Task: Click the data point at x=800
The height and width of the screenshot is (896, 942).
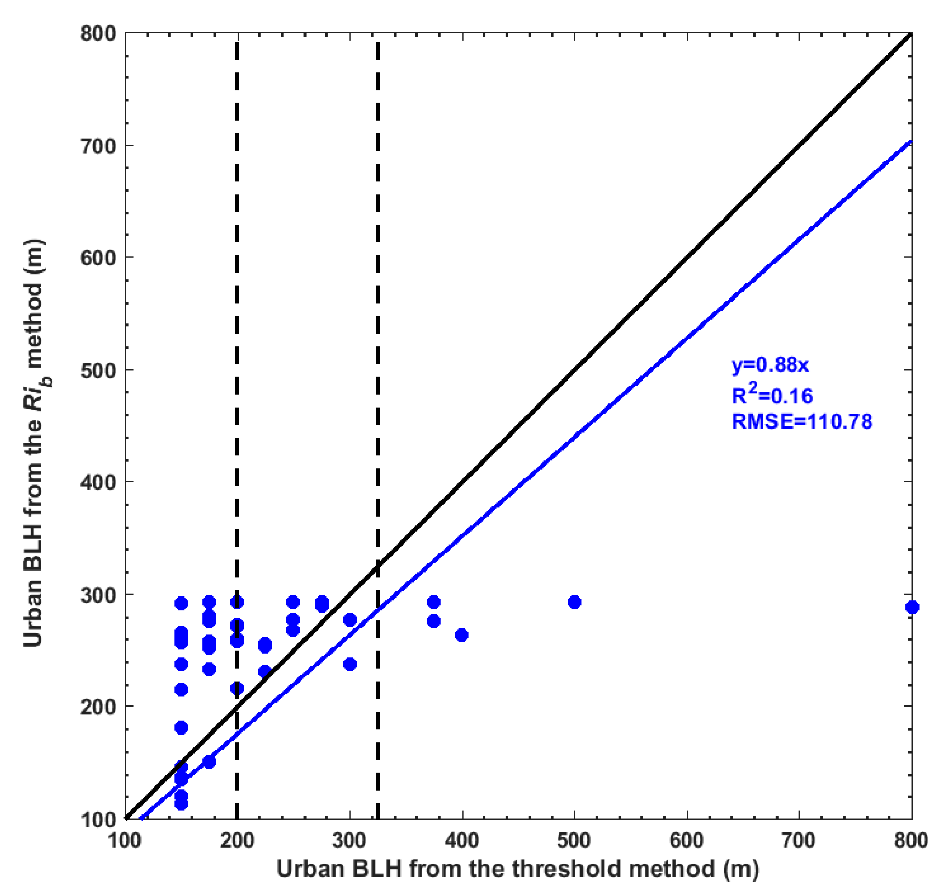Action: (912, 607)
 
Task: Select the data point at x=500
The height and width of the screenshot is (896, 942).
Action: (574, 602)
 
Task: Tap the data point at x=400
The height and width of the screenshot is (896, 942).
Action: (462, 635)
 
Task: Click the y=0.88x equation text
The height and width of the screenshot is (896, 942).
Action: (769, 365)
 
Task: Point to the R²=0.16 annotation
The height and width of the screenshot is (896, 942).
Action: (772, 395)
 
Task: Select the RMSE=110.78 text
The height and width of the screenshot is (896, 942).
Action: (801, 422)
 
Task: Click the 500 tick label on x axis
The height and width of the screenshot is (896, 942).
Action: (574, 840)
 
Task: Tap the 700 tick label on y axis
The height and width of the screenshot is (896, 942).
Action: (98, 146)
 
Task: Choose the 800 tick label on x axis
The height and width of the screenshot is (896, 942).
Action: (911, 840)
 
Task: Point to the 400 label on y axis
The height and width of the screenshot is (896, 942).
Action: (98, 482)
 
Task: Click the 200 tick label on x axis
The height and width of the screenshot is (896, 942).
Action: (237, 840)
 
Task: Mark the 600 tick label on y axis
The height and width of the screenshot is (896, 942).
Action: (98, 258)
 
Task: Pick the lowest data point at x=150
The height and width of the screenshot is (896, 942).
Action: (181, 803)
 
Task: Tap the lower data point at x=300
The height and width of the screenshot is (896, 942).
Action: (350, 664)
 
